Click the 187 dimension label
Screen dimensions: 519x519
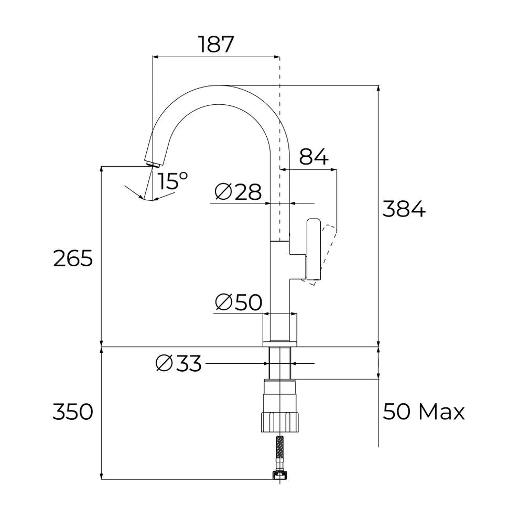(216, 45)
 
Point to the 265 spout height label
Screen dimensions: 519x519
(73, 258)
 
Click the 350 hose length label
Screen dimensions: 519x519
(73, 412)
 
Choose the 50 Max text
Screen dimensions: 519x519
(424, 412)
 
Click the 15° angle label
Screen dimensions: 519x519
(174, 181)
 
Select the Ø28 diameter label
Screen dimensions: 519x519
(238, 192)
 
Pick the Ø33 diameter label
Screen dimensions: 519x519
(179, 363)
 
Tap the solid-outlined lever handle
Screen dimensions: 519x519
(313, 249)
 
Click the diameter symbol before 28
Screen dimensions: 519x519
(223, 192)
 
